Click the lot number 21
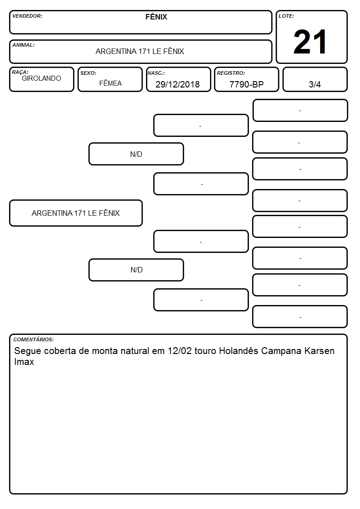point(310,42)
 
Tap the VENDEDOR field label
point(27,16)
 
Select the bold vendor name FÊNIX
point(156,17)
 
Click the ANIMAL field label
point(24,45)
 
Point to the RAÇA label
point(20,72)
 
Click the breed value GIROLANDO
point(41,78)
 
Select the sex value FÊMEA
point(110,83)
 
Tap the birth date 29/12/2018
point(178,84)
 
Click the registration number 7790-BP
point(246,84)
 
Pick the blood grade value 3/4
point(315,84)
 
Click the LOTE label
point(286,16)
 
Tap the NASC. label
point(156,73)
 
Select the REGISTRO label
point(231,73)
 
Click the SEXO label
point(88,73)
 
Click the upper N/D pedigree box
point(136,154)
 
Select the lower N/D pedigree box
point(136,270)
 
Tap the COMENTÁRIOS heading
point(34,339)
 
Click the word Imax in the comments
point(24,362)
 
